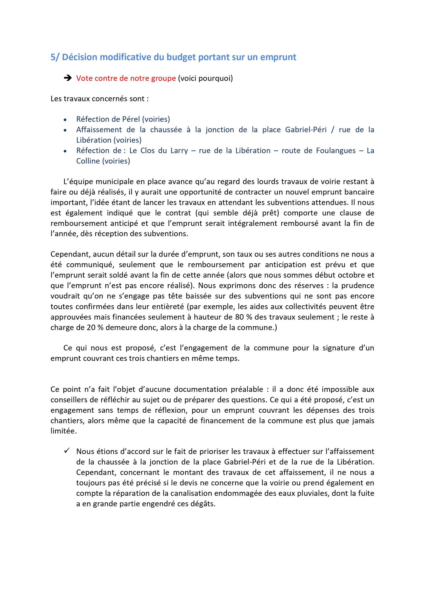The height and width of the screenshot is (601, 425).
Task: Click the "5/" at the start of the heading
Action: (55, 57)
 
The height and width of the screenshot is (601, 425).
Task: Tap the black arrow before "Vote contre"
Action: (68, 78)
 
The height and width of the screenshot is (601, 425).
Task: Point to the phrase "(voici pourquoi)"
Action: (205, 78)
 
